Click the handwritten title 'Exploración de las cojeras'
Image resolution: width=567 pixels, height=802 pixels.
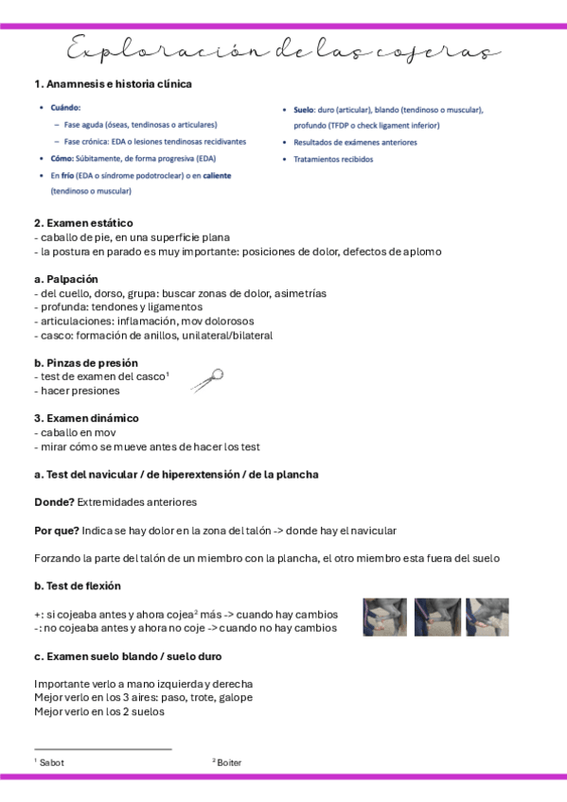click(283, 50)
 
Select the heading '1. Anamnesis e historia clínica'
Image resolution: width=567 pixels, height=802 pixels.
click(113, 84)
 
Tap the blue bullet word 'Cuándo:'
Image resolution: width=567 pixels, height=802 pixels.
click(65, 108)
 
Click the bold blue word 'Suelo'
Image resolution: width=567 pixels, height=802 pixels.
click(303, 110)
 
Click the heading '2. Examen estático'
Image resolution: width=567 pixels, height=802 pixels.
click(83, 223)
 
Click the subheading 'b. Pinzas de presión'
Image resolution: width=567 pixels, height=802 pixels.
click(86, 362)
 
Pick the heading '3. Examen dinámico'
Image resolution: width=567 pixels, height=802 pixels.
click(86, 418)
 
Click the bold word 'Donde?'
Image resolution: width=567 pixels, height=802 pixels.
click(54, 501)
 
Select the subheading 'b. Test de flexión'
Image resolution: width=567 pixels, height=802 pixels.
click(78, 586)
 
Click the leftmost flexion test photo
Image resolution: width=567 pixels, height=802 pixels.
click(384, 617)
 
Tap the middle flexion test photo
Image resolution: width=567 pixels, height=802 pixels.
click(436, 617)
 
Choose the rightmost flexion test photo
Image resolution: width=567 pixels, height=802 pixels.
click(487, 617)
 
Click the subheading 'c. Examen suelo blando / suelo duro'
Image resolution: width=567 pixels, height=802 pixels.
click(128, 656)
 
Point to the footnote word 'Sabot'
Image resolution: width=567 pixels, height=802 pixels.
click(52, 761)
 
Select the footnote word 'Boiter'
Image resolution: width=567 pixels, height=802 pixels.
click(229, 761)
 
